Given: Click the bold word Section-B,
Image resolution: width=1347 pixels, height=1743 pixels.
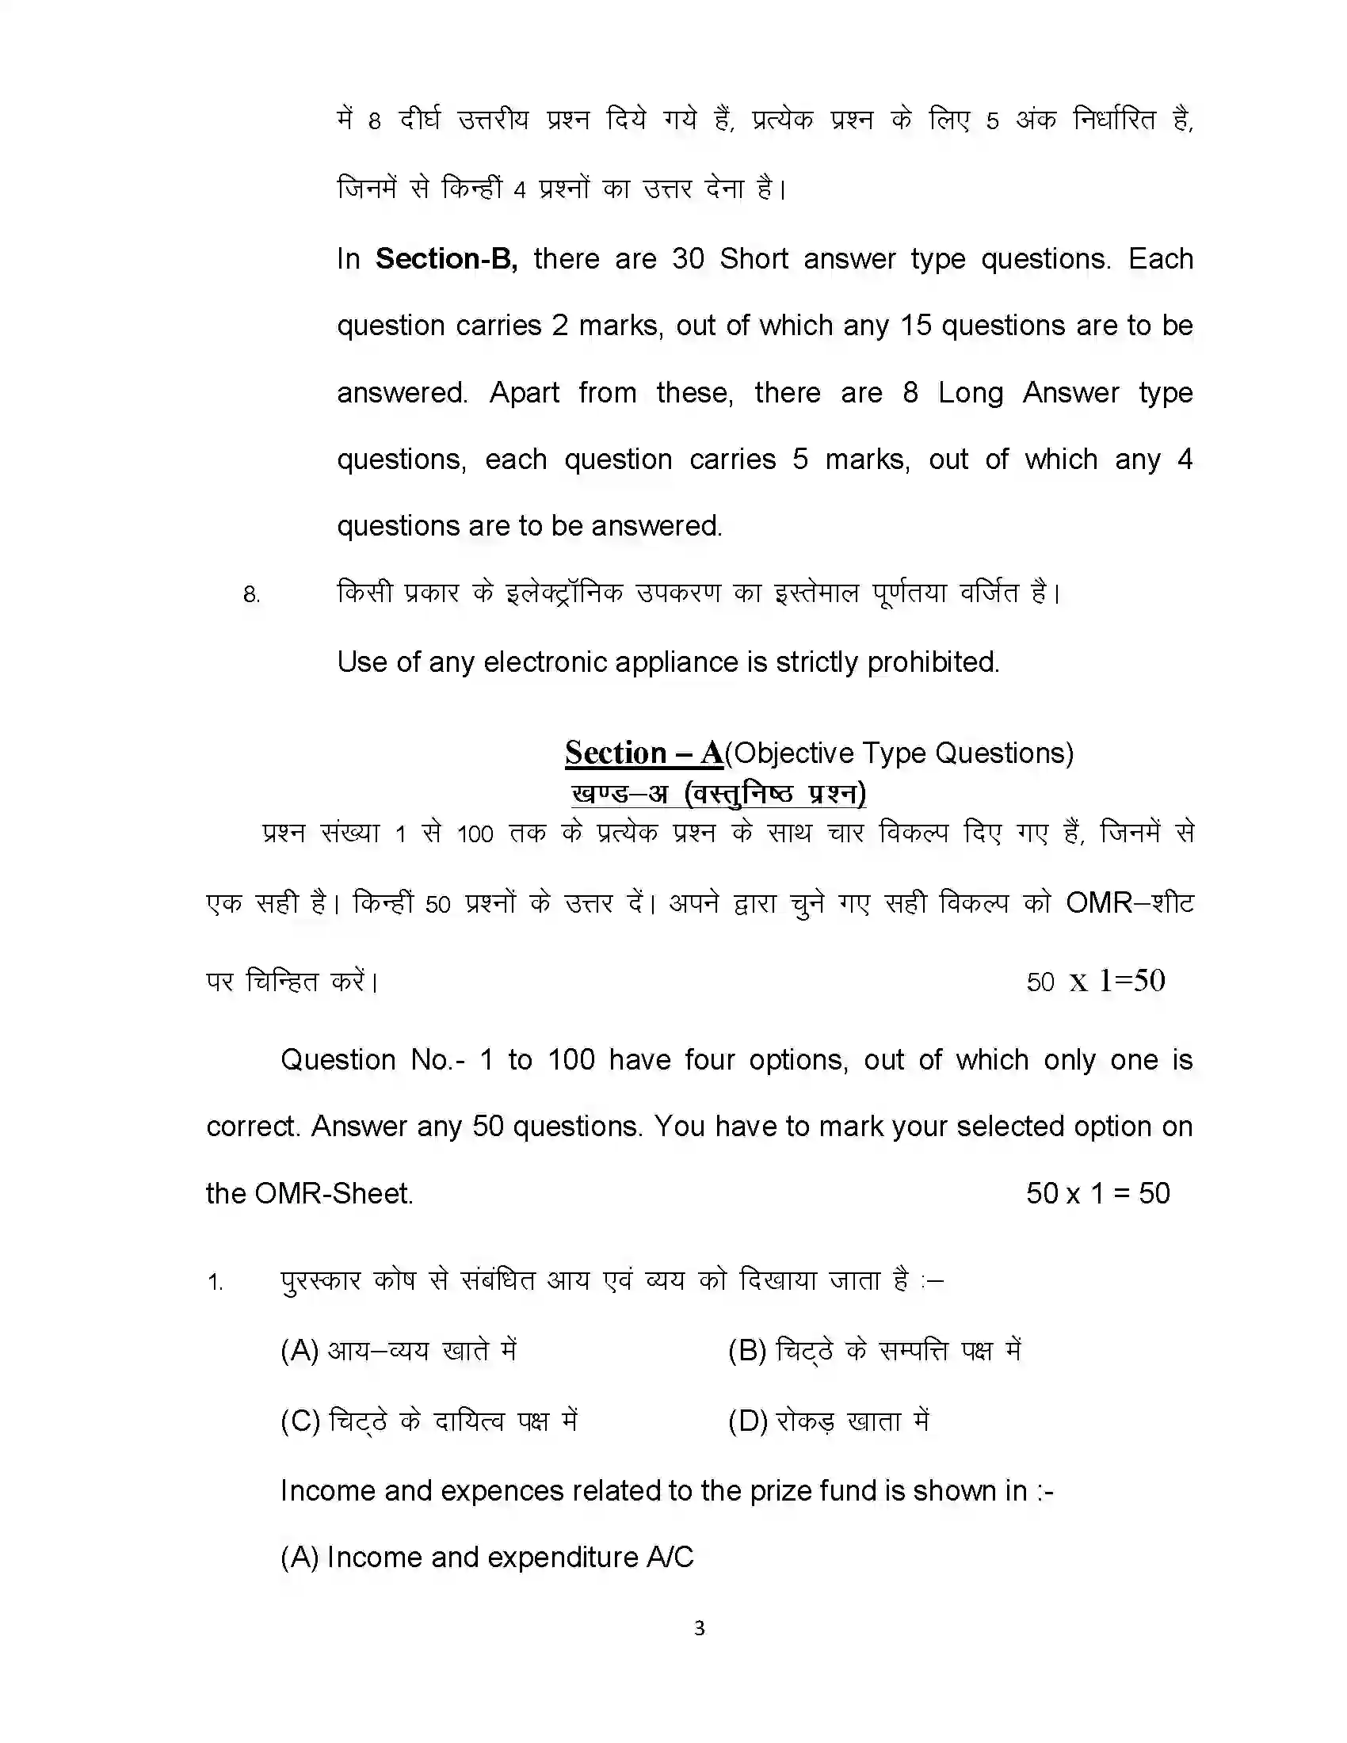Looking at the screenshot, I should click(x=446, y=258).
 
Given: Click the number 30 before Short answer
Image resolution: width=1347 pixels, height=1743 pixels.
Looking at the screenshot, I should click(x=688, y=258).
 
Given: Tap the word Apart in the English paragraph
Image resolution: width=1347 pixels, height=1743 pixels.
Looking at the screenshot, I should click(x=524, y=393).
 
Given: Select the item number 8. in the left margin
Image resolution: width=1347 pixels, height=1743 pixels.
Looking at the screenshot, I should click(x=251, y=594).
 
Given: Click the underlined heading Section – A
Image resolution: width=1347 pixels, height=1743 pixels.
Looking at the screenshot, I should click(x=643, y=753).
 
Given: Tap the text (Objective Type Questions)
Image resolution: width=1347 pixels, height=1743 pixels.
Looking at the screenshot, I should click(x=899, y=753).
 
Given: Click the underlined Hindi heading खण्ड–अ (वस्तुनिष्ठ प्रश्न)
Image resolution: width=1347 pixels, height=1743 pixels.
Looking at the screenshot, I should click(x=718, y=792).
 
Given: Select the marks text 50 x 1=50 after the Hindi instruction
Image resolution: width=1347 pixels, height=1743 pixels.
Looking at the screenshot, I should click(x=1096, y=981).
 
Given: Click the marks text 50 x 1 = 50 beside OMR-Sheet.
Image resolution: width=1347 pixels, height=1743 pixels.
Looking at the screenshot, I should click(x=1097, y=1193).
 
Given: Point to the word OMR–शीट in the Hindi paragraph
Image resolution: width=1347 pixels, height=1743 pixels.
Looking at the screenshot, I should click(x=1129, y=902).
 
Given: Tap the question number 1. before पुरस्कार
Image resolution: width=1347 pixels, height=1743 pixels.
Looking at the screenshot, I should click(x=216, y=1283).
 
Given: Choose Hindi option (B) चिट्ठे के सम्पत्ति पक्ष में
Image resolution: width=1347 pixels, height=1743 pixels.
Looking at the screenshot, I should click(x=874, y=1350).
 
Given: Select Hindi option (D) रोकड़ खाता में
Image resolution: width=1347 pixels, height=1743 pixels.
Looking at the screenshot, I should click(x=828, y=1421).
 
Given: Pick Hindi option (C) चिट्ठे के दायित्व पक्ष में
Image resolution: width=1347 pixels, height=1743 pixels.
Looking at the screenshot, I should click(x=429, y=1421).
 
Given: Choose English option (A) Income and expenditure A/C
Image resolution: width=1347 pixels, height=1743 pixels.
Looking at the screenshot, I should click(x=487, y=1557).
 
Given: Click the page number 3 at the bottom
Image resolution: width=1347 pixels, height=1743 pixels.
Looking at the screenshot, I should click(x=699, y=1628).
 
